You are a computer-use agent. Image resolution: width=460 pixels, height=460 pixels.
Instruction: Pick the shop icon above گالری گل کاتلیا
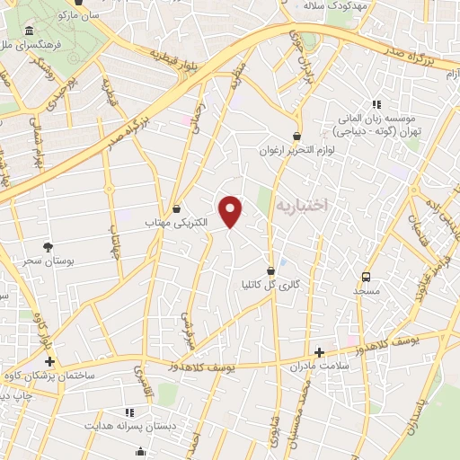click(x=270, y=270)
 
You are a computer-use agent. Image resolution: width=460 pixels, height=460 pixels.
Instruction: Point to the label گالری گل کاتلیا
click(x=270, y=285)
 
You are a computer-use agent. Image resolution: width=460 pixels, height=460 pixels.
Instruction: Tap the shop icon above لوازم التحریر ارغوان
click(x=296, y=136)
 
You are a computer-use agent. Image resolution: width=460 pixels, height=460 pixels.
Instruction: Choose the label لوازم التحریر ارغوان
click(x=297, y=150)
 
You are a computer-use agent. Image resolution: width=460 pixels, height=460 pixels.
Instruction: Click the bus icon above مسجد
click(x=366, y=277)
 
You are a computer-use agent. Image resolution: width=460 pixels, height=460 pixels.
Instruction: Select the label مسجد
click(x=367, y=291)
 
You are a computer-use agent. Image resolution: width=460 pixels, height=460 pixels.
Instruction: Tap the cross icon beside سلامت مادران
click(x=318, y=352)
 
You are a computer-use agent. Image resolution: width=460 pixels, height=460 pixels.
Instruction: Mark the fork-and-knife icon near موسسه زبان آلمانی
click(x=376, y=104)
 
